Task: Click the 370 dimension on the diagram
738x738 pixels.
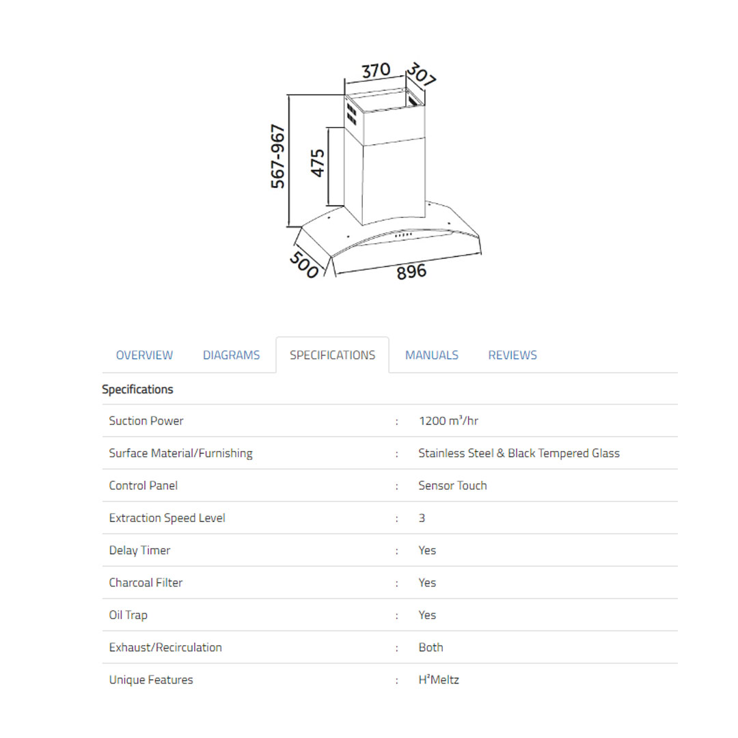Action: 376,70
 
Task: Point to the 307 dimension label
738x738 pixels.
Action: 421,74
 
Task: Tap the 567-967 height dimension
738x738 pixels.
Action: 277,156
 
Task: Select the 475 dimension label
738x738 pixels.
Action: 318,163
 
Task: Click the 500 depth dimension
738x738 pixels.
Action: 304,264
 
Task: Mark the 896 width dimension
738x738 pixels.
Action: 411,271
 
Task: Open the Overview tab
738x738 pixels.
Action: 144,355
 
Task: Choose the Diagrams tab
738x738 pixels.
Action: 231,355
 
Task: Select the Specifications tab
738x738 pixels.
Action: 332,355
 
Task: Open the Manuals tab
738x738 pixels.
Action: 432,355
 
